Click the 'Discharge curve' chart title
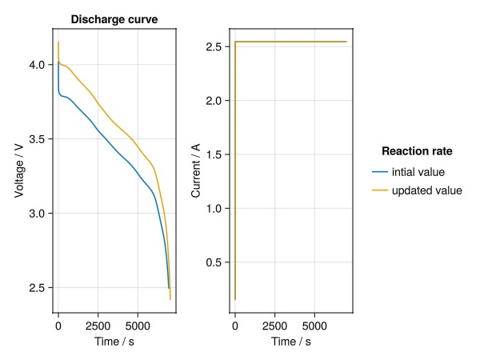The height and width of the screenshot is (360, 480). pyautogui.click(x=114, y=19)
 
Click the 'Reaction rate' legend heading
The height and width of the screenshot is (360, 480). pyautogui.click(x=417, y=150)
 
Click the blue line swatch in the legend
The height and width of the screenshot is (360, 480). pyautogui.click(x=380, y=171)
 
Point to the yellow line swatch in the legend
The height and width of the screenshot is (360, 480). pyautogui.click(x=380, y=190)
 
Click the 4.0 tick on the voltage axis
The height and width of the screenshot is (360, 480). pyautogui.click(x=39, y=65)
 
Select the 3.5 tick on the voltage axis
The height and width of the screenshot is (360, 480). pyautogui.click(x=39, y=139)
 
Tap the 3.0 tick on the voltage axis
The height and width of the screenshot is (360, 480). pyautogui.click(x=39, y=214)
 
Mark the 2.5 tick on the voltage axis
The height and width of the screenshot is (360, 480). pyautogui.click(x=39, y=288)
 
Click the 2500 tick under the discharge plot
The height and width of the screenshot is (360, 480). pyautogui.click(x=98, y=326)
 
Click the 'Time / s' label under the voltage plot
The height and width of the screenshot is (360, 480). pyautogui.click(x=114, y=342)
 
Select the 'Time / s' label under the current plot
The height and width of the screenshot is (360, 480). pyautogui.click(x=290, y=342)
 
